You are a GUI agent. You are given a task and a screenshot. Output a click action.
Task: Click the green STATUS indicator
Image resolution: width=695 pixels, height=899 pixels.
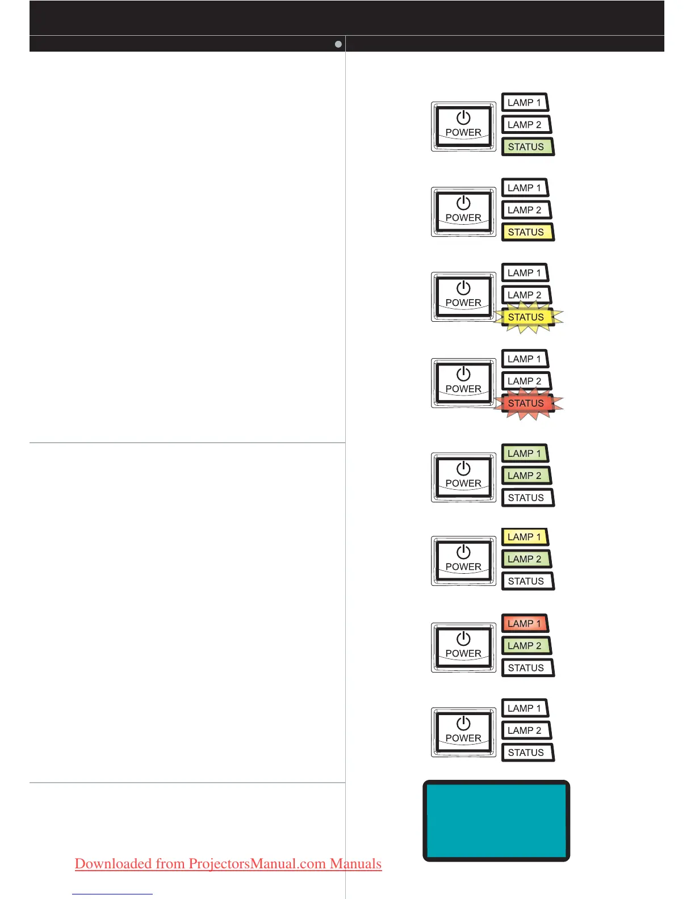(527, 147)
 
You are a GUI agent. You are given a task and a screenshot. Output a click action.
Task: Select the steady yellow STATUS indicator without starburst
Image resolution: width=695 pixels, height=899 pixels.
(527, 232)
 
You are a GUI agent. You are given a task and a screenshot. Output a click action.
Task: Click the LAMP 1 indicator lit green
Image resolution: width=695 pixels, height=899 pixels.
(525, 453)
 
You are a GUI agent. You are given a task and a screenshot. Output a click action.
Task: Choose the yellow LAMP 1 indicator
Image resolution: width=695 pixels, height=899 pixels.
(525, 537)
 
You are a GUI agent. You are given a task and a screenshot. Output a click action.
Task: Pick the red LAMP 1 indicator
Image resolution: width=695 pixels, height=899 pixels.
(525, 624)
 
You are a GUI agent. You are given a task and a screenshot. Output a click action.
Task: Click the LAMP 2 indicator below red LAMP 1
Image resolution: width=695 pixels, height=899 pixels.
(526, 646)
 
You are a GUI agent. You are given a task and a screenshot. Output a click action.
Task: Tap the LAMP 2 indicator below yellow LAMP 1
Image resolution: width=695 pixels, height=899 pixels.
(526, 559)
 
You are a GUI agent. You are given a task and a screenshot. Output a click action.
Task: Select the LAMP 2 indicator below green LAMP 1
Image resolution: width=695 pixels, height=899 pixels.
(526, 476)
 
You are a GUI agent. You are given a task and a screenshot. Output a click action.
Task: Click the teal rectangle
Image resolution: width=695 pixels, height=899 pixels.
(496, 821)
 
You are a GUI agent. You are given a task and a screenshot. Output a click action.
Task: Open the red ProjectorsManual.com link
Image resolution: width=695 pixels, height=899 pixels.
(228, 864)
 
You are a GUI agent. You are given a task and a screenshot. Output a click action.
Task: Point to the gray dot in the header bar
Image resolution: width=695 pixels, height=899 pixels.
(338, 44)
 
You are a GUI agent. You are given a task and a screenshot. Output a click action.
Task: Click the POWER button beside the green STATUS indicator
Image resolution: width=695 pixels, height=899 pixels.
(463, 126)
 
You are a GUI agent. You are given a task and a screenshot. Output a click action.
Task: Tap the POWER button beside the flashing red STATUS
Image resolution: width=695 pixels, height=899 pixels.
(463, 383)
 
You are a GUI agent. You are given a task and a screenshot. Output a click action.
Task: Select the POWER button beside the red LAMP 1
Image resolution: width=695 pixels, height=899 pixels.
(463, 647)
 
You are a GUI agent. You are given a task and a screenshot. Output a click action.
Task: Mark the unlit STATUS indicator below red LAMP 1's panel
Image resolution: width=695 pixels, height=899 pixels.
(527, 668)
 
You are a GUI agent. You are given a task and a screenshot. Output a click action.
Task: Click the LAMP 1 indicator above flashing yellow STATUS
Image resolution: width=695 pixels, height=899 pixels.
(525, 273)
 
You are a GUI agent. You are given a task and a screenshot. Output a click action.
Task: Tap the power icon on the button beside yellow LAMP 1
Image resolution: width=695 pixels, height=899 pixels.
(463, 552)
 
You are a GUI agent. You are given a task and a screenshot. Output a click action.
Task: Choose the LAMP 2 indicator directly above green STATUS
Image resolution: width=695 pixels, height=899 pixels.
(526, 125)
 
